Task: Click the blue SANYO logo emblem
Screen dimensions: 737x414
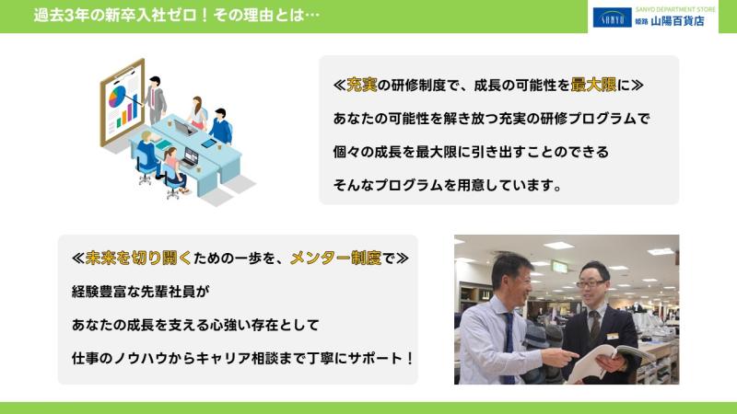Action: coord(612,17)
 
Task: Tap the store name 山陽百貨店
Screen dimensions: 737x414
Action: coord(677,21)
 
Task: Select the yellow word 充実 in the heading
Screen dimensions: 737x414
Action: coord(361,85)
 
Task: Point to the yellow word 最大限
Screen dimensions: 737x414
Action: coord(593,85)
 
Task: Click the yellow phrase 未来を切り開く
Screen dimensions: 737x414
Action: coord(139,258)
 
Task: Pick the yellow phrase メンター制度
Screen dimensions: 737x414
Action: coord(335,258)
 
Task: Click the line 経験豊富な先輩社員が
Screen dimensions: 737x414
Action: coord(141,292)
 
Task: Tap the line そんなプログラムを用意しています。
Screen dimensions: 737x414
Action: coord(447,186)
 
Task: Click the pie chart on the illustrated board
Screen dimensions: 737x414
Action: coord(117,96)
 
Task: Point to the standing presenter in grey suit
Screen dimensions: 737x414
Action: coord(155,99)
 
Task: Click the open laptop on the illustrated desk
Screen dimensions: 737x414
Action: coord(184,127)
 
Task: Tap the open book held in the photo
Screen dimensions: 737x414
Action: coord(609,361)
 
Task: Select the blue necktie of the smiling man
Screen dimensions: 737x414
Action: coord(509,347)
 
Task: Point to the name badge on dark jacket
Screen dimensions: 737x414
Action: coord(613,336)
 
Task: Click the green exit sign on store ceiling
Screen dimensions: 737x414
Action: coord(559,267)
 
